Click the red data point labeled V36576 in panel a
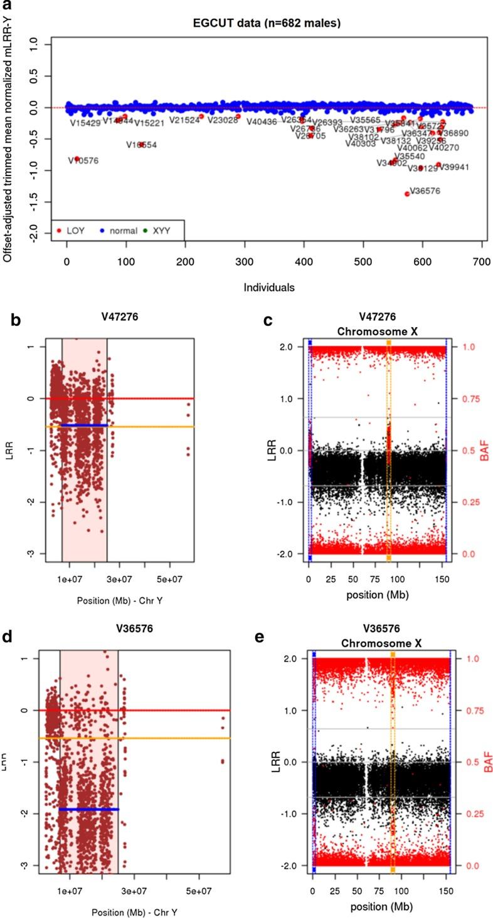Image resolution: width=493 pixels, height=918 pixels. tap(407, 194)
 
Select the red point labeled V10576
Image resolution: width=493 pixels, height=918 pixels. tap(77, 159)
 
